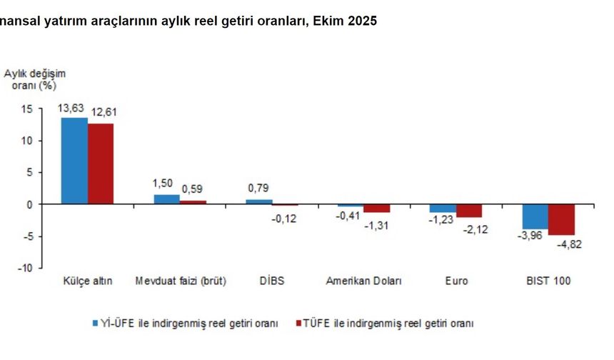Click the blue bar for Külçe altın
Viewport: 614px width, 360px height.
pyautogui.click(x=74, y=161)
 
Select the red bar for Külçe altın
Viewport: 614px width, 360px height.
pyautogui.click(x=101, y=164)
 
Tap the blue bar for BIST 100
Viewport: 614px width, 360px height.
pyautogui.click(x=535, y=216)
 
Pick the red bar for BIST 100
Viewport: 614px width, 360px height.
pyautogui.click(x=561, y=219)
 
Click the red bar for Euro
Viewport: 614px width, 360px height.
pyautogui.click(x=469, y=211)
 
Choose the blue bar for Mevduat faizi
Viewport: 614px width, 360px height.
pyautogui.click(x=166, y=199)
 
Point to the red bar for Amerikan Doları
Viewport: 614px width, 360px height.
pyautogui.click(x=377, y=209)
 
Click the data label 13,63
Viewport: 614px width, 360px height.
pyautogui.click(x=72, y=108)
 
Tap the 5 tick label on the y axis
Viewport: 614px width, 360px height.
pyautogui.click(x=29, y=172)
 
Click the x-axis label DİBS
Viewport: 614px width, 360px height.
pyautogui.click(x=271, y=281)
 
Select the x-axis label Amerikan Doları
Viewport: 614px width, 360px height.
pyautogui.click(x=363, y=281)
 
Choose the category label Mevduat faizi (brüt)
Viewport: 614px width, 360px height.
pyautogui.click(x=180, y=281)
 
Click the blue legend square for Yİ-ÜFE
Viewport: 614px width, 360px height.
pyautogui.click(x=95, y=323)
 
